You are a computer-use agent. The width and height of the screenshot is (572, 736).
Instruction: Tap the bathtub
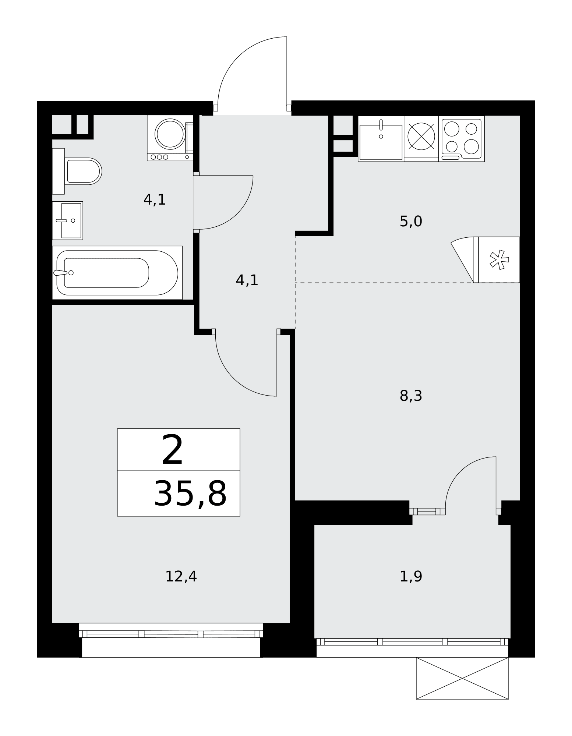(117, 273)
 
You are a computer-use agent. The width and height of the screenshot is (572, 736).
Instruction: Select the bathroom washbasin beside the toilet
(67, 220)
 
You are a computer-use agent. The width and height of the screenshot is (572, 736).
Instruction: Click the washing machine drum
(170, 134)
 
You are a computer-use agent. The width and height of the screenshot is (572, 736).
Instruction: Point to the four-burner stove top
(462, 139)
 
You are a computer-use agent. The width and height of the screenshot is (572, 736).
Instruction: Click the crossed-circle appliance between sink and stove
(421, 137)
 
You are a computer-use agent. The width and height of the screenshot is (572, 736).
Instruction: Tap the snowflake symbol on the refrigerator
(499, 260)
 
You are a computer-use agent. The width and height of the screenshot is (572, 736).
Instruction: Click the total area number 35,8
(190, 494)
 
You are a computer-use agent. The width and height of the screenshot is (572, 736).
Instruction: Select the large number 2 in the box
(172, 450)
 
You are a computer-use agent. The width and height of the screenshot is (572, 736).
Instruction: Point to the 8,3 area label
(411, 396)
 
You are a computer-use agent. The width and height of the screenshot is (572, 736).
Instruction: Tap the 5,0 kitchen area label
(411, 222)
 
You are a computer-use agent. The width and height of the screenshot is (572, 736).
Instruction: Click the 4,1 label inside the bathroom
(155, 200)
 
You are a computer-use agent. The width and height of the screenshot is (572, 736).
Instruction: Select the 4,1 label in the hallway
(247, 281)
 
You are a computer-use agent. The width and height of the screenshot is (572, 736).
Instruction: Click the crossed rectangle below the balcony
(462, 678)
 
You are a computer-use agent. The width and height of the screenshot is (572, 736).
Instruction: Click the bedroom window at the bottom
(171, 634)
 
